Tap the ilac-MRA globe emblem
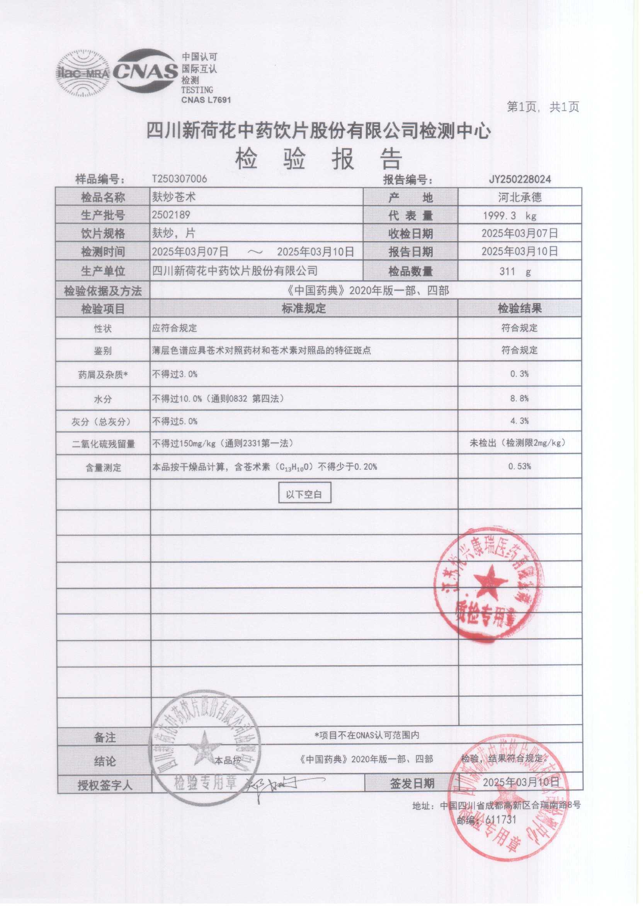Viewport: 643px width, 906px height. (x=83, y=73)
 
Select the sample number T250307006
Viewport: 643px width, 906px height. (x=179, y=179)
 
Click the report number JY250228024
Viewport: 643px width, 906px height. (x=519, y=179)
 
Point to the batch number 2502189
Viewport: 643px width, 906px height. (x=171, y=215)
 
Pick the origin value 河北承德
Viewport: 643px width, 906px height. (x=519, y=197)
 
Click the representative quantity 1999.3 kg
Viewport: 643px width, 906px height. (x=509, y=216)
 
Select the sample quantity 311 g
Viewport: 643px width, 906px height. (x=515, y=272)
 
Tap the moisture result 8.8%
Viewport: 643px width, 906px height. (x=519, y=399)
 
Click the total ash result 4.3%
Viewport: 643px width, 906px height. (x=519, y=421)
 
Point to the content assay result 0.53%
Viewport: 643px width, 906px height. (x=519, y=467)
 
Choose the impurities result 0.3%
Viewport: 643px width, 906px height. (x=519, y=374)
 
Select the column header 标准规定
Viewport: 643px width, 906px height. (x=304, y=308)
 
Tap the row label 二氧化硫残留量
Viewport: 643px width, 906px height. (x=103, y=444)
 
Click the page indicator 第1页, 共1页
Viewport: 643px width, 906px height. (x=543, y=107)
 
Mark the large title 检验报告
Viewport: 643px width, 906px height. (x=319, y=159)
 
